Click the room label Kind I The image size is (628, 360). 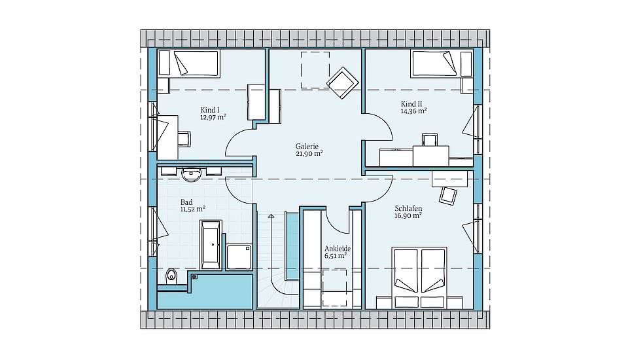pyautogui.click(x=210, y=110)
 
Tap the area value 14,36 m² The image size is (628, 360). pyautogui.click(x=413, y=111)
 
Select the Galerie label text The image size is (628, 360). pyautogui.click(x=307, y=147)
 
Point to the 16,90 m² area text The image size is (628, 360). pyautogui.click(x=408, y=216)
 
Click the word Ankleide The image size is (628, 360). pyautogui.click(x=338, y=249)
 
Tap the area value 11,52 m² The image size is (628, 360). pyautogui.click(x=192, y=209)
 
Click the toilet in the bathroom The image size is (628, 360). pyautogui.click(x=171, y=276)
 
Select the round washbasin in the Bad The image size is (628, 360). pyautogui.click(x=191, y=175)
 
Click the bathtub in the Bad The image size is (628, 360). pyautogui.click(x=210, y=245)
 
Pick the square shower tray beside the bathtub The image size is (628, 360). pyautogui.click(x=239, y=257)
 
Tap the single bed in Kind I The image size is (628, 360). pyautogui.click(x=188, y=63)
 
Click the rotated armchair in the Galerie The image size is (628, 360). pyautogui.click(x=342, y=82)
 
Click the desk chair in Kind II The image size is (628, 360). pyautogui.click(x=429, y=139)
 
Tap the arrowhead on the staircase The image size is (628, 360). pyautogui.click(x=271, y=217)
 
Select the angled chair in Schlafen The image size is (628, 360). pyautogui.click(x=447, y=195)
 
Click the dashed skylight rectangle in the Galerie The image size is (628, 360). pyautogui.click(x=315, y=70)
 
